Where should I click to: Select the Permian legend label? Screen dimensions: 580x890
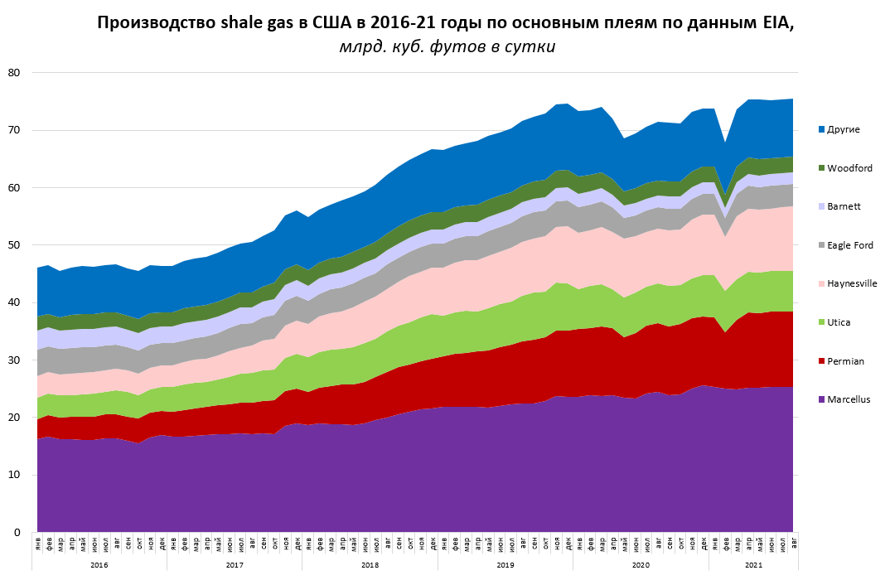(845, 361)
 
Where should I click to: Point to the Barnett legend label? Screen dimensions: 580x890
(844, 206)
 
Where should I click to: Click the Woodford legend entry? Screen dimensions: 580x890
(848, 168)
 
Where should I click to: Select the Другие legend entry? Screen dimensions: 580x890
(844, 129)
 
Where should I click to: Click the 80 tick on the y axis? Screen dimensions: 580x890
(13, 73)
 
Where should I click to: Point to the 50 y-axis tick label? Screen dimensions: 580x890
(13, 245)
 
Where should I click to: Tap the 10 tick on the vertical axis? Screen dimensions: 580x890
(13, 475)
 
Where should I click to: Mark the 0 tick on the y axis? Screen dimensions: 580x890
(17, 532)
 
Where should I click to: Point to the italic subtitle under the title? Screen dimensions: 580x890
(447, 47)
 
